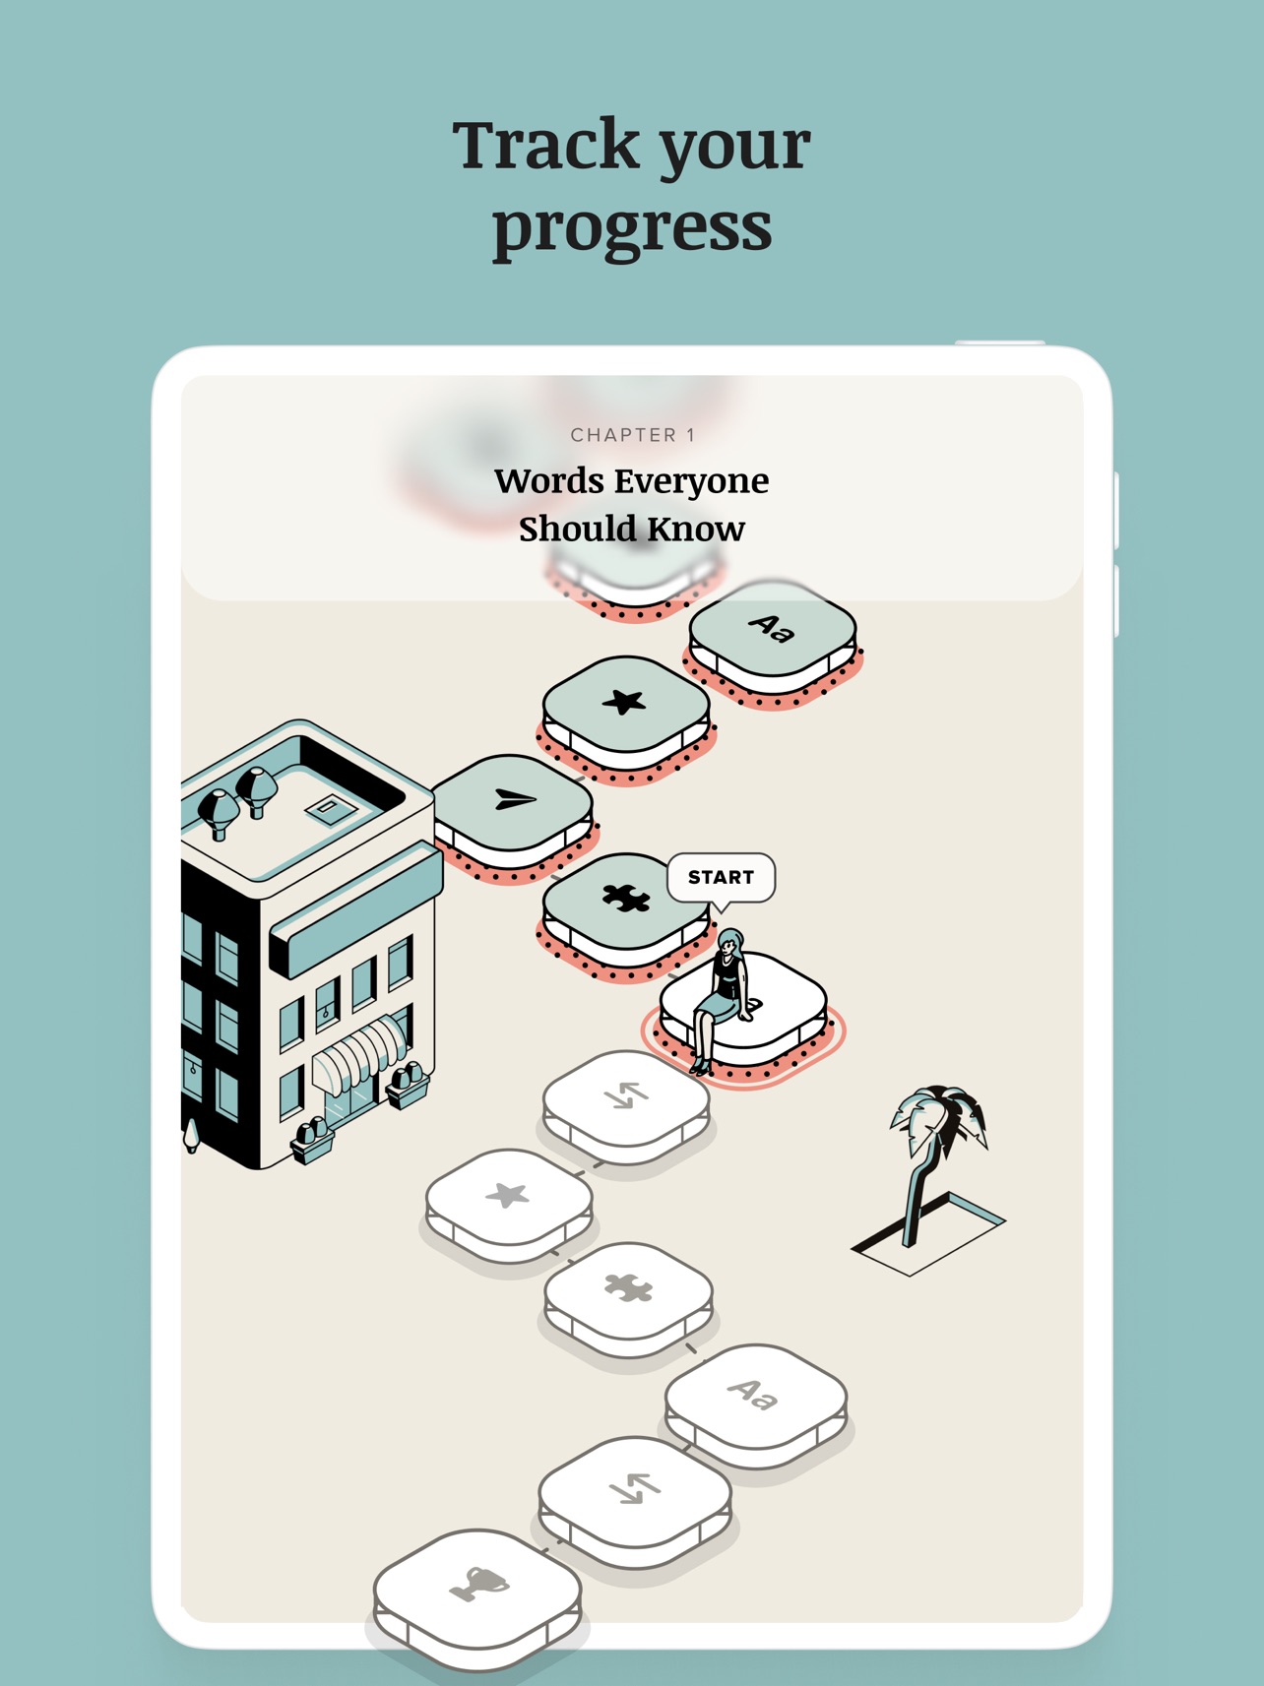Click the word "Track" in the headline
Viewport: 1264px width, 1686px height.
(x=545, y=144)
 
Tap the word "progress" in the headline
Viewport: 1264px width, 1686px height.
(x=632, y=228)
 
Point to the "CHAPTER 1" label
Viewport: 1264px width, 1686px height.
(x=633, y=435)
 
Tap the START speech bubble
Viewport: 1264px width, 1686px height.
(x=721, y=877)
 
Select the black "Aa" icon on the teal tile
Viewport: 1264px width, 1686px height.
(x=772, y=628)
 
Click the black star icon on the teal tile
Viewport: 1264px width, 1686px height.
(x=623, y=702)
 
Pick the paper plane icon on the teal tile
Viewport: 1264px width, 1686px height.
(x=514, y=799)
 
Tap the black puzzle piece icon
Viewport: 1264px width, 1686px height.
(x=626, y=897)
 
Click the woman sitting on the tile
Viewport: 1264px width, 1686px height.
(x=722, y=999)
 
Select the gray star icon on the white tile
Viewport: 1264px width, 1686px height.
(x=508, y=1195)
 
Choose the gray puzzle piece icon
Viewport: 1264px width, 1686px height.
(x=628, y=1287)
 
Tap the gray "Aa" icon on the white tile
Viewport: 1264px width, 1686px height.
(x=753, y=1394)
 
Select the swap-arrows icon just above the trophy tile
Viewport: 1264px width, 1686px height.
(x=634, y=1488)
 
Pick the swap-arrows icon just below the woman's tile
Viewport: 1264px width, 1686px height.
(x=626, y=1094)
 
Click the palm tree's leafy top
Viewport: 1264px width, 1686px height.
(x=938, y=1119)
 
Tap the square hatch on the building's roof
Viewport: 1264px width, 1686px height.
(x=332, y=809)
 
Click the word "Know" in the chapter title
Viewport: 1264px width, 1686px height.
(x=696, y=530)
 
